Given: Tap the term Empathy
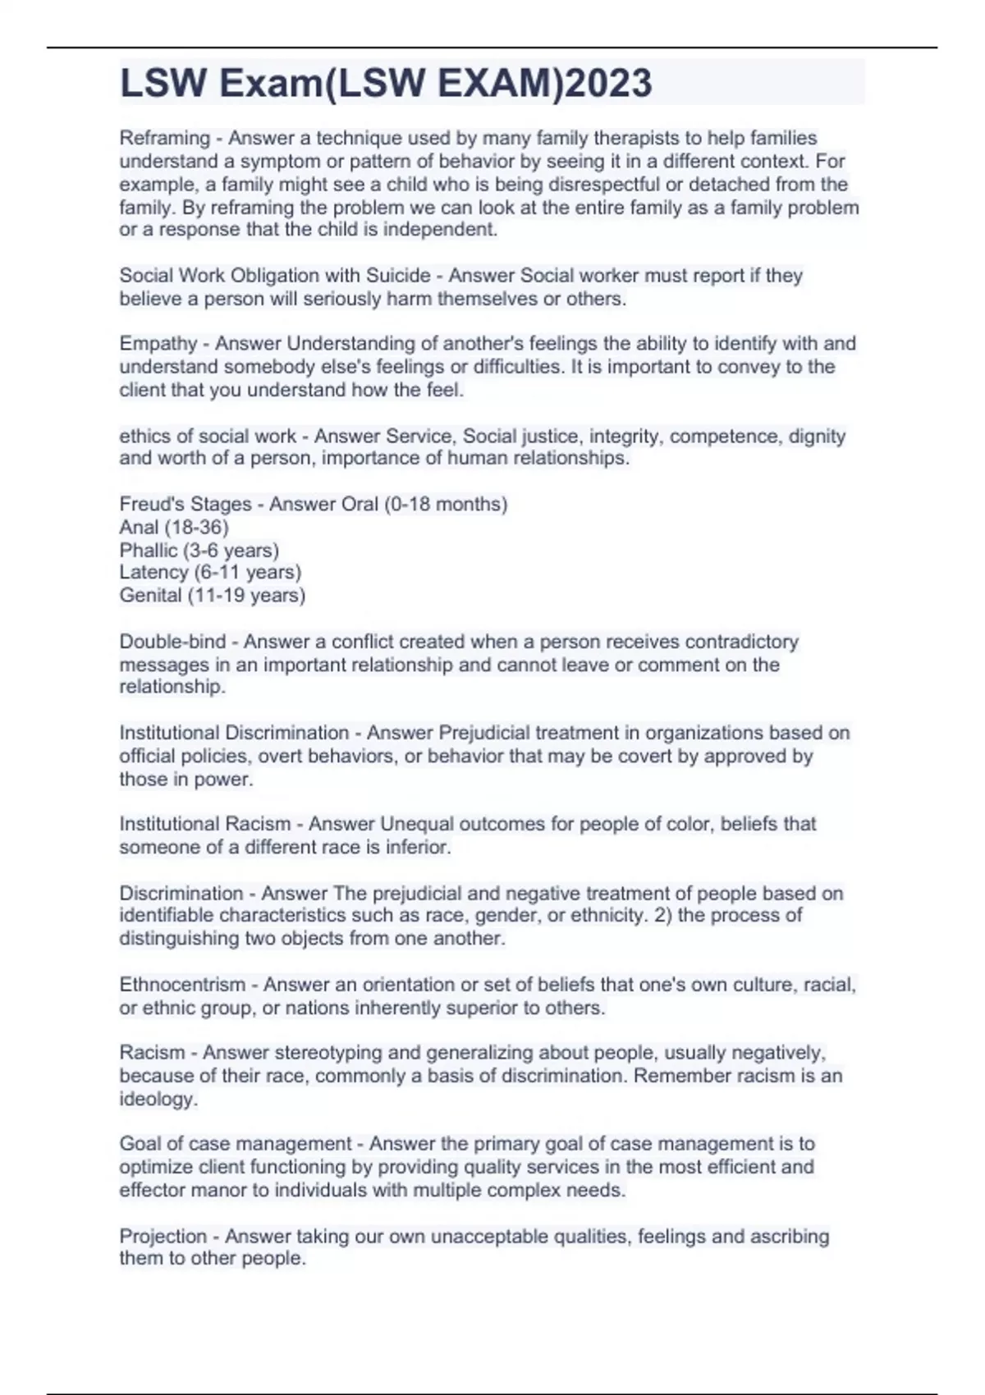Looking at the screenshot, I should (x=158, y=344).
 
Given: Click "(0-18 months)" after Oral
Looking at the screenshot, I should (x=446, y=504).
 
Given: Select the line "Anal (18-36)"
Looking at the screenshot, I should (x=174, y=527).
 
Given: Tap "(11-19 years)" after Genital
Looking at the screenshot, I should (x=246, y=595).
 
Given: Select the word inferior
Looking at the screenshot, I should (x=419, y=846).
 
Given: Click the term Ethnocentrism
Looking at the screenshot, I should (x=182, y=984).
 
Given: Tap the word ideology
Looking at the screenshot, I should (x=158, y=1099).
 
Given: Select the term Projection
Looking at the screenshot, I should (x=163, y=1236).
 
